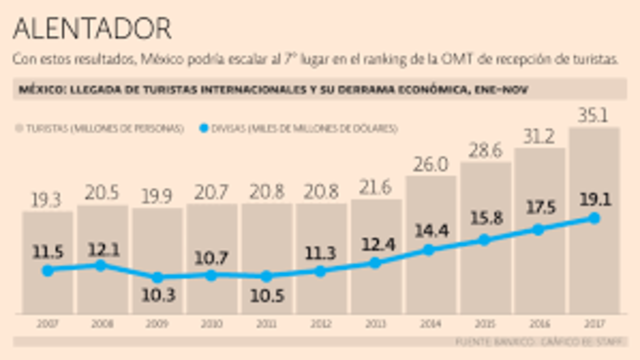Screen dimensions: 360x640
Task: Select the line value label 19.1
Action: point(594,197)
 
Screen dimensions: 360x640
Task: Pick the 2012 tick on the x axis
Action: point(320,324)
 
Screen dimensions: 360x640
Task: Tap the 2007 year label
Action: point(47,324)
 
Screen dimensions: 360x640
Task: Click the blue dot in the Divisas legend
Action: point(205,128)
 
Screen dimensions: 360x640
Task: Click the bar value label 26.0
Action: point(430,163)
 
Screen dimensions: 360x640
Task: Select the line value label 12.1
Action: point(101,246)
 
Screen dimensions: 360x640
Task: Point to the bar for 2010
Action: point(211,260)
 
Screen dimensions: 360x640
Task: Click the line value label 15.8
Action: point(485,217)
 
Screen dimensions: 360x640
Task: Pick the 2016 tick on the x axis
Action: point(539,324)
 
